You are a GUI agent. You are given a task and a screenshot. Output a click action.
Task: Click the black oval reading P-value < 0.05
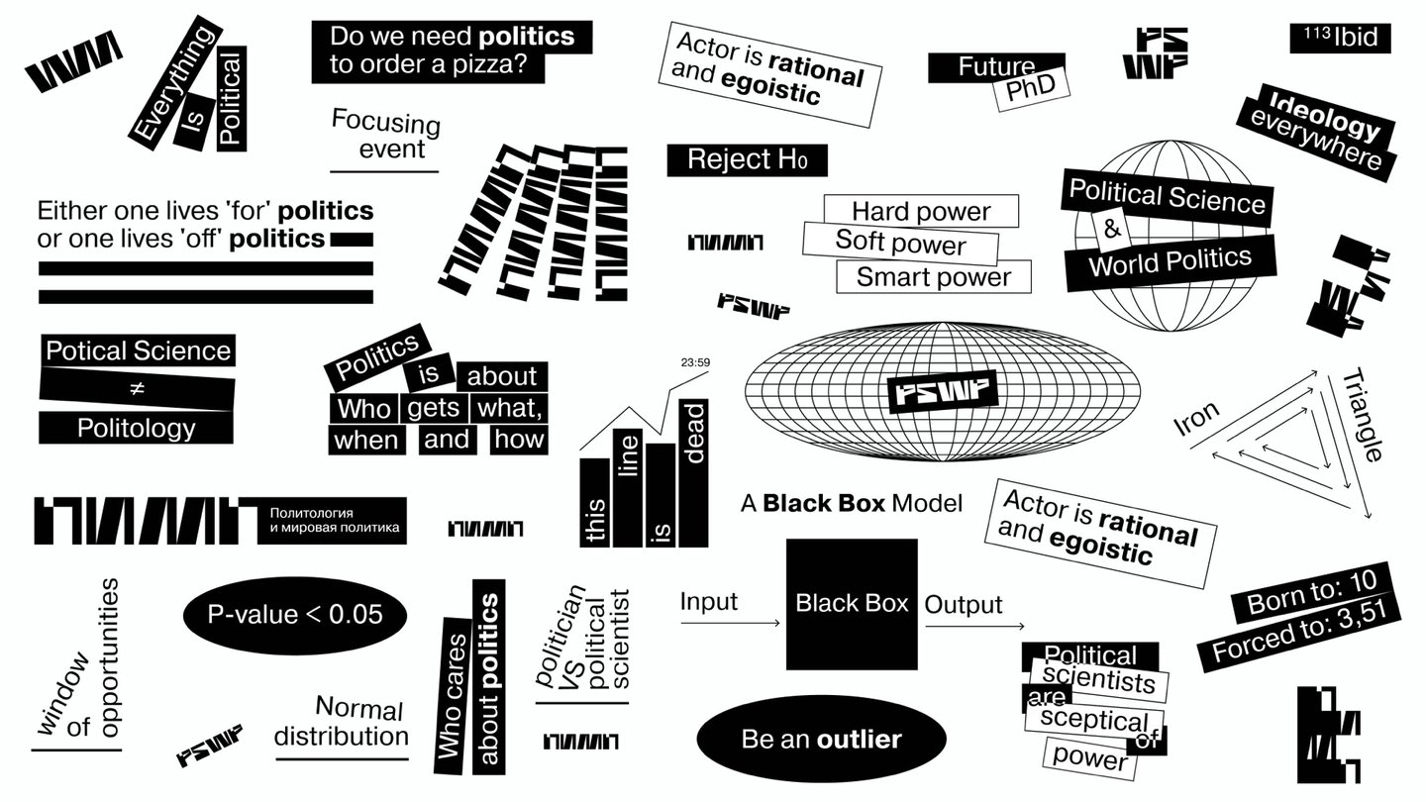tap(295, 614)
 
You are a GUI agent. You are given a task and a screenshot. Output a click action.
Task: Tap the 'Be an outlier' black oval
tap(821, 739)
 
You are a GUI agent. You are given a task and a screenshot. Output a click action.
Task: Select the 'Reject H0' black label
tap(746, 159)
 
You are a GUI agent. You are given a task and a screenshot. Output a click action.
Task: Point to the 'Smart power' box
tap(933, 276)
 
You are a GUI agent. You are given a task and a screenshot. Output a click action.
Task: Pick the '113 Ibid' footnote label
tap(1340, 38)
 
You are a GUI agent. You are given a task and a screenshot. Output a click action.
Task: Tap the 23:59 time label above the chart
tap(695, 362)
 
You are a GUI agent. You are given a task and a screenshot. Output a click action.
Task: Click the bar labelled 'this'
tap(595, 502)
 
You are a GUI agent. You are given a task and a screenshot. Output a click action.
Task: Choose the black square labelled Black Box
tap(852, 604)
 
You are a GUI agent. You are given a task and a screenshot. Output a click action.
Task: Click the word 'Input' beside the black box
tap(708, 601)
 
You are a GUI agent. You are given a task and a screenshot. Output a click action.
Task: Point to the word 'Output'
tap(964, 604)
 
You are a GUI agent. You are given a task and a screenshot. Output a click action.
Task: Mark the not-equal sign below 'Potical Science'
tap(138, 389)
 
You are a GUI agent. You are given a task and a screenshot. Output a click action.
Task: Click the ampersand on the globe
tap(1111, 230)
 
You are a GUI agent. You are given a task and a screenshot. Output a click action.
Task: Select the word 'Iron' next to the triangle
tap(1196, 421)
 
